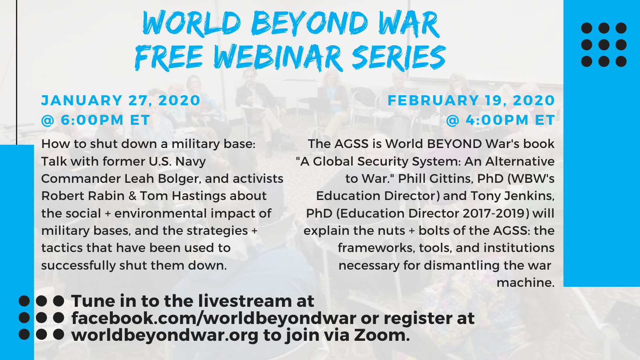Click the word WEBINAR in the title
click(x=278, y=58)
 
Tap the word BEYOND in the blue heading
click(x=310, y=24)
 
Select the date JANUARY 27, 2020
click(x=121, y=100)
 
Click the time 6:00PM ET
click(x=106, y=120)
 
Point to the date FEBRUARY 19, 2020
click(x=471, y=100)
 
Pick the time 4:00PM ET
click(x=510, y=120)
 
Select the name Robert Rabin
click(x=83, y=196)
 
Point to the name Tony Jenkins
click(x=512, y=196)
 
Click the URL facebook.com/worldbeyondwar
click(x=214, y=318)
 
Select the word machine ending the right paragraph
click(x=526, y=282)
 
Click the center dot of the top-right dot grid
click(x=604, y=45)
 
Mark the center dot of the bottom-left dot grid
click(x=42, y=318)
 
